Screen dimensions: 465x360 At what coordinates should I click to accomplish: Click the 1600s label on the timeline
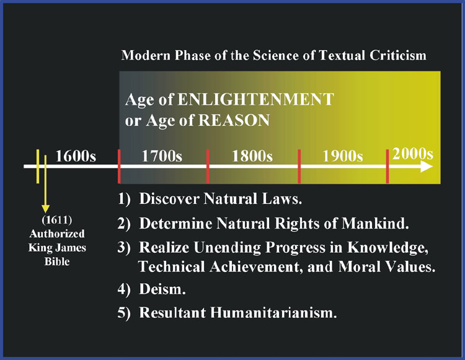tap(76, 156)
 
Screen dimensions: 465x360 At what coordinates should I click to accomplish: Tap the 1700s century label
tap(162, 156)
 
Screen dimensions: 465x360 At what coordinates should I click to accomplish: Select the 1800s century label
tap(252, 156)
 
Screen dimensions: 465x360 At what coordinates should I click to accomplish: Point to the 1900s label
tap(343, 156)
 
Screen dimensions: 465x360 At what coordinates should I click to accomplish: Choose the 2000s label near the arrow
tap(413, 154)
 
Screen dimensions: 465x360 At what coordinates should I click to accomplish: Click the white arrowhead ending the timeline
tap(427, 167)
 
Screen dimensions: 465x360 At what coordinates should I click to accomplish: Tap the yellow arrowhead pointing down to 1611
tap(45, 209)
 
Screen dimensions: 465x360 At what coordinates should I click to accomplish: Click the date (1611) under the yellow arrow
tap(57, 220)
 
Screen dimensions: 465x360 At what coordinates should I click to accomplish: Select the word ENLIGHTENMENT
tap(255, 99)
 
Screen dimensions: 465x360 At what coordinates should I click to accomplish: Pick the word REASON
tap(234, 120)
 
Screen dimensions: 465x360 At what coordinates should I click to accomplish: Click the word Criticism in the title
tap(397, 55)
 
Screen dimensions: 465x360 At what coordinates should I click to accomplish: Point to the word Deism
tap(162, 289)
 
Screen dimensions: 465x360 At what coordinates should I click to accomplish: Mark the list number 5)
tap(124, 313)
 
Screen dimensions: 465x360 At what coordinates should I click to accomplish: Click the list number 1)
tap(124, 199)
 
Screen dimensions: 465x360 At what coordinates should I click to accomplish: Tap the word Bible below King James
tap(57, 261)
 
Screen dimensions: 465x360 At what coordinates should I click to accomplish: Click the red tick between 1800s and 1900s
tap(299, 167)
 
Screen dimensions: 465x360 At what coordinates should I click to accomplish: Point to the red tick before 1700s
tap(119, 167)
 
